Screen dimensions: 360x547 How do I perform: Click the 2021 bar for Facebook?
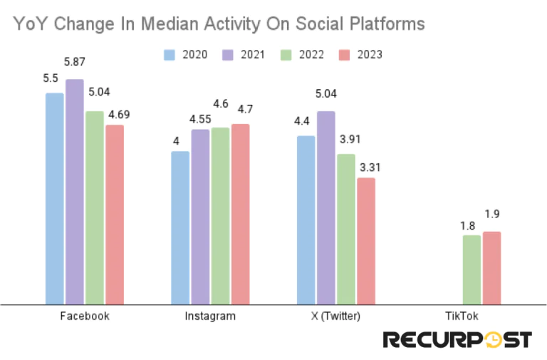[75, 192]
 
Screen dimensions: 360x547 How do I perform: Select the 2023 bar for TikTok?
[491, 268]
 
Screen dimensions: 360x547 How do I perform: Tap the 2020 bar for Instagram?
[180, 227]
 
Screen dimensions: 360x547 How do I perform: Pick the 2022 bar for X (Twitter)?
[346, 230]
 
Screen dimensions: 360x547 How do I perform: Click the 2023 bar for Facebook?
[115, 215]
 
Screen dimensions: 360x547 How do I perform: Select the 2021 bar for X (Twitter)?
[326, 207]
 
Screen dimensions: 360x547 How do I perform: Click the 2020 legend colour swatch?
[170, 54]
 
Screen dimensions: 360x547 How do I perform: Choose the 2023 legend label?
[369, 54]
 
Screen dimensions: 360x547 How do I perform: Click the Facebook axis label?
[85, 316]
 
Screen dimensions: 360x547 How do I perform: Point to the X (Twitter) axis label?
[336, 316]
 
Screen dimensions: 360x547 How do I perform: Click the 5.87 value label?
[78, 64]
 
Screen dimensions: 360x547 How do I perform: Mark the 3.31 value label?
[370, 168]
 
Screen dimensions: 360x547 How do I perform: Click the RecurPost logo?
[457, 339]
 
